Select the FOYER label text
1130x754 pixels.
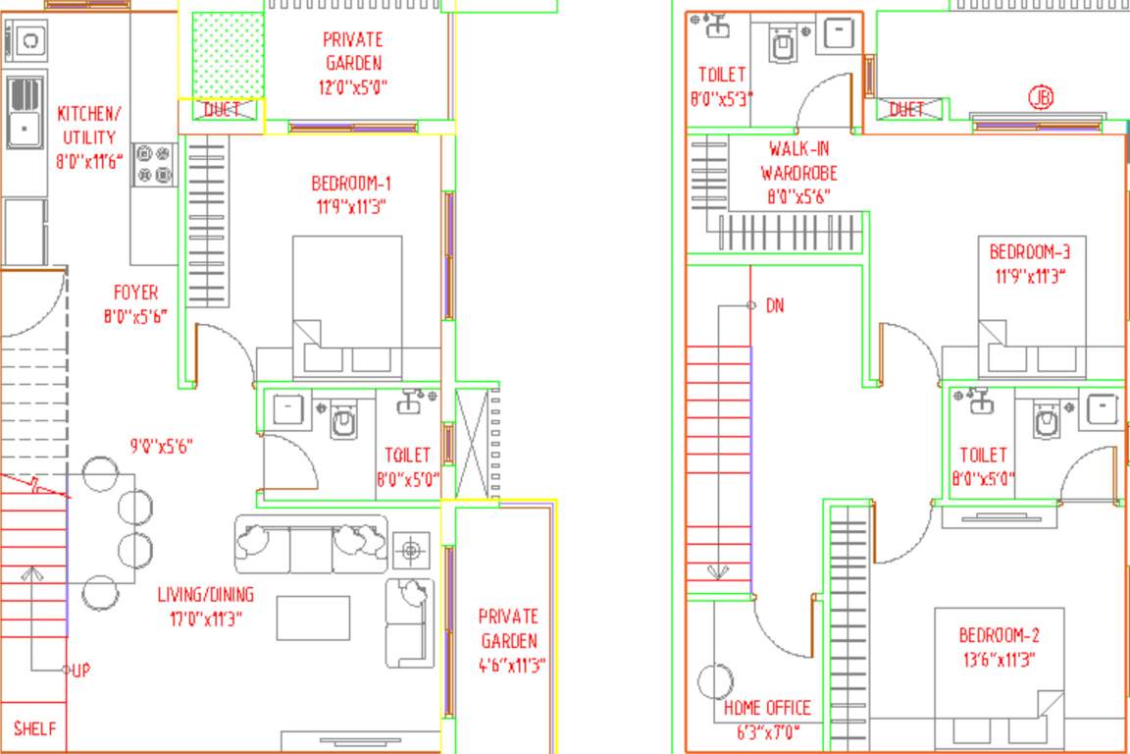coord(135,293)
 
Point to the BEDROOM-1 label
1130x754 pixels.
coord(351,183)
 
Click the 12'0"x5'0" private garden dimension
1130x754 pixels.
coord(352,86)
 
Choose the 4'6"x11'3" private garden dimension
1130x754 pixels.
coord(508,665)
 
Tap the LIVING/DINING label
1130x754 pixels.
coord(206,595)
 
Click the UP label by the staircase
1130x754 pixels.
coord(81,671)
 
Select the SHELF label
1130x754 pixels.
coord(34,729)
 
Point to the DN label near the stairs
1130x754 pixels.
coord(775,305)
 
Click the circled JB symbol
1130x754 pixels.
coord(1041,97)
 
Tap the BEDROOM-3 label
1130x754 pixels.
coord(1029,252)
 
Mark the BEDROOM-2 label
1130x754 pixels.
coord(999,635)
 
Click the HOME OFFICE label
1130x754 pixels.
coord(767,708)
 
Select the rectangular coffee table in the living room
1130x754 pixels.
coord(313,618)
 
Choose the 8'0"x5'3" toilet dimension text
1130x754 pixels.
coord(722,99)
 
